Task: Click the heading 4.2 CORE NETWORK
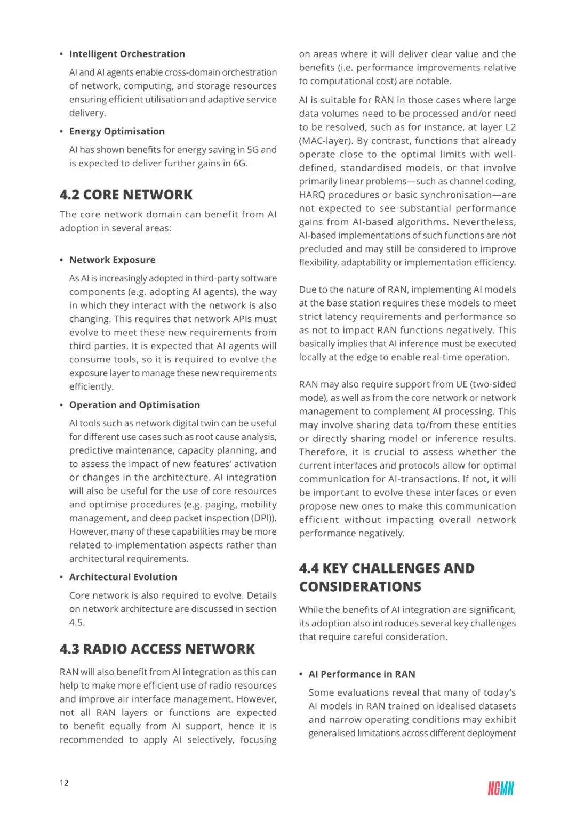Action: click(126, 195)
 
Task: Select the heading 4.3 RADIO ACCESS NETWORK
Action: click(157, 649)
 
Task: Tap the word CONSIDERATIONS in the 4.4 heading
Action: click(360, 586)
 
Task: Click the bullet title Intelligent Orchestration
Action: click(127, 54)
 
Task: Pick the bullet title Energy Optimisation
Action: click(117, 131)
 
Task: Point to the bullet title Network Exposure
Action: click(112, 260)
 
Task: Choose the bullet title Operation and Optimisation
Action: click(134, 405)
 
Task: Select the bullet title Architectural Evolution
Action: click(123, 577)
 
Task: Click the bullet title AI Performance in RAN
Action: click(362, 674)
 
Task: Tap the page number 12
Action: click(64, 783)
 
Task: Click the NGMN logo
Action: click(500, 788)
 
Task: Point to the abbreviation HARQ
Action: click(312, 195)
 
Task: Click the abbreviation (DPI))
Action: click(263, 518)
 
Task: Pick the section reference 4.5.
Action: click(77, 622)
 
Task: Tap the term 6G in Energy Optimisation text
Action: click(239, 163)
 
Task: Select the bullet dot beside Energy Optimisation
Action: click(61, 132)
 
